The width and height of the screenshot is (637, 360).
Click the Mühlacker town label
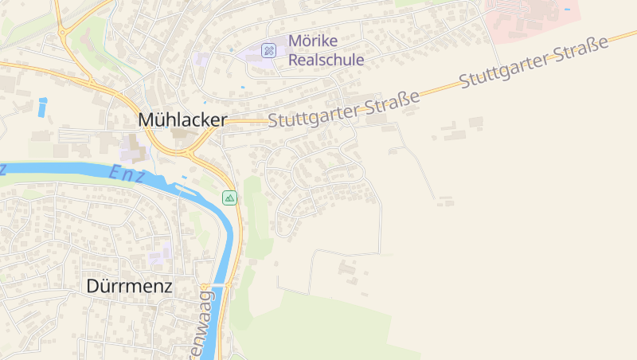click(182, 119)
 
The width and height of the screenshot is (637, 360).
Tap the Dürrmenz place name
click(128, 286)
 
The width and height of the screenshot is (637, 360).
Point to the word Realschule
click(326, 60)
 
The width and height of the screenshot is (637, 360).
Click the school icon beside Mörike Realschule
click(269, 50)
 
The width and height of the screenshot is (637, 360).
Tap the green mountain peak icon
click(229, 198)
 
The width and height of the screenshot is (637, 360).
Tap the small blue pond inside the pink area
click(567, 9)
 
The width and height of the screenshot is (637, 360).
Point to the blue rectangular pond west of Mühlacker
click(42, 107)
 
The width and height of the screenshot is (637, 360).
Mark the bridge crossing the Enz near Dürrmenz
click(217, 284)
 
